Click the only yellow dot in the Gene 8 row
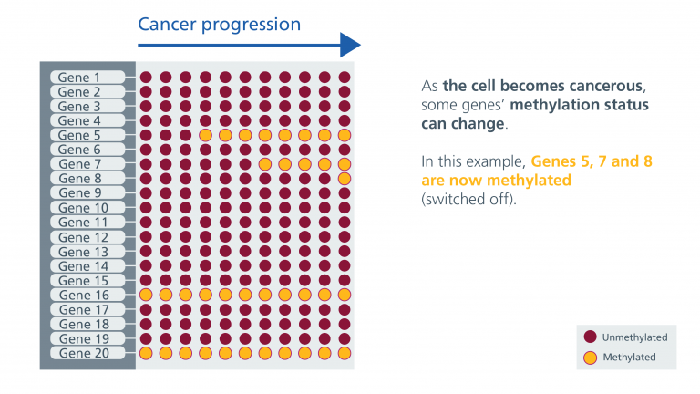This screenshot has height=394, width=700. (x=345, y=179)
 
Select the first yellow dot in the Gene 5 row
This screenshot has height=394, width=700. (x=205, y=135)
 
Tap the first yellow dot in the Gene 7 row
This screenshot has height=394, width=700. (x=264, y=164)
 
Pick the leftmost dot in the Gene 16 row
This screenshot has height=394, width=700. (x=146, y=295)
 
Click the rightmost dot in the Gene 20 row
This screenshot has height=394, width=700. (x=345, y=353)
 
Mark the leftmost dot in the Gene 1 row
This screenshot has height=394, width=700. (x=146, y=78)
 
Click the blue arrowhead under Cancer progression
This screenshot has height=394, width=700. (x=350, y=45)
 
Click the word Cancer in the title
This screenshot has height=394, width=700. (x=167, y=24)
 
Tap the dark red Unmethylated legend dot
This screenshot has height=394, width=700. (x=591, y=337)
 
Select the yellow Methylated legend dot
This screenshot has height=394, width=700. (x=591, y=358)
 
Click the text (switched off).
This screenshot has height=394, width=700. (x=468, y=199)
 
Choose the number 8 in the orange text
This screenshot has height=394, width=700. (x=648, y=161)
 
